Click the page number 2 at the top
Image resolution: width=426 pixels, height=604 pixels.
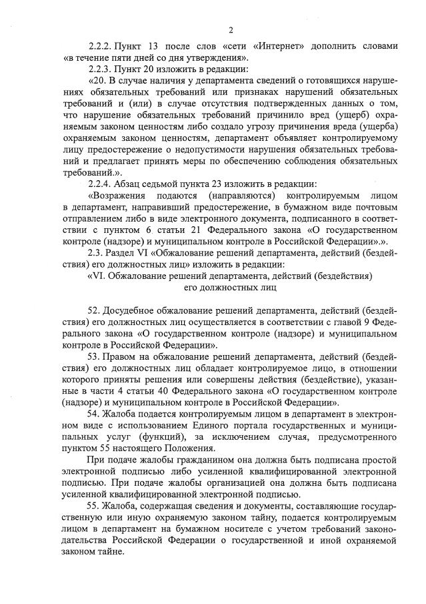[x=231, y=30]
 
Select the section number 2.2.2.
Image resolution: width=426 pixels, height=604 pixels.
[x=99, y=47]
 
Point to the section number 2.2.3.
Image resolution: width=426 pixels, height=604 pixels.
[x=99, y=69]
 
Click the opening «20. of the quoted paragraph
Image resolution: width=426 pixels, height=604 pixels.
[x=97, y=80]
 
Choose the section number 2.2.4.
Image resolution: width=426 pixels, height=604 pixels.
[x=99, y=184]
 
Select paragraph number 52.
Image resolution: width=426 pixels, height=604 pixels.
[x=93, y=310]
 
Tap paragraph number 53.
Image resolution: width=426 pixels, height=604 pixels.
[x=93, y=356]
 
